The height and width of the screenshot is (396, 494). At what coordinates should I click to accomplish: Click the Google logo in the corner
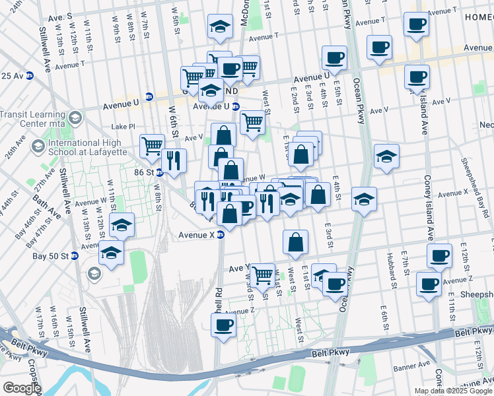click(x=21, y=388)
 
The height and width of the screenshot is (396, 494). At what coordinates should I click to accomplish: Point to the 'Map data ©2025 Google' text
click(x=454, y=391)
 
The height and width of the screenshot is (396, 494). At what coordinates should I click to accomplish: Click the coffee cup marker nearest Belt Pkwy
click(x=223, y=325)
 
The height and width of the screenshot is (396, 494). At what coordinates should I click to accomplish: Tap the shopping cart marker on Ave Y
click(x=263, y=274)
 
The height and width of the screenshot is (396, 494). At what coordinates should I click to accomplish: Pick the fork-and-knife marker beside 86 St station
click(x=174, y=160)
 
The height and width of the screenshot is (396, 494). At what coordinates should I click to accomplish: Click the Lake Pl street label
click(x=123, y=126)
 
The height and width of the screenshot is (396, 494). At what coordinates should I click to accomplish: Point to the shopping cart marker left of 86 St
click(x=152, y=145)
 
